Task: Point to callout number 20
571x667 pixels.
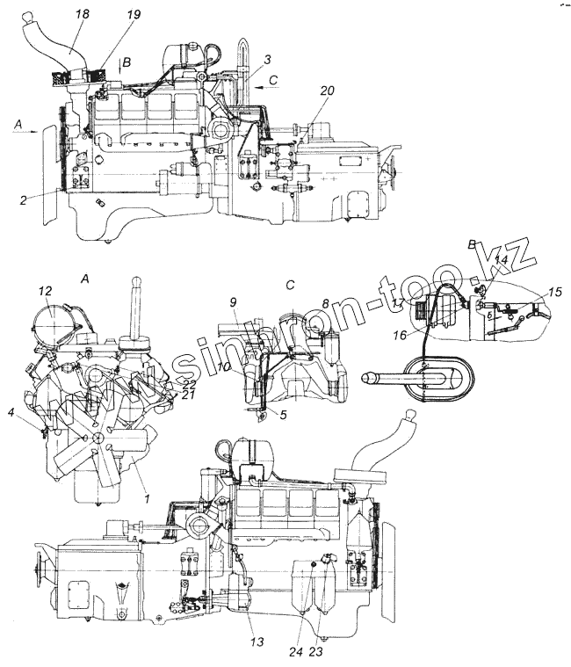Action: [x=327, y=91]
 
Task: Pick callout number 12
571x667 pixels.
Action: [x=47, y=291]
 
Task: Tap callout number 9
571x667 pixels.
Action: [x=234, y=303]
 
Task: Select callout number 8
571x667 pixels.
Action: [x=324, y=303]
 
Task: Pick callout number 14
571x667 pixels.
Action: [x=501, y=260]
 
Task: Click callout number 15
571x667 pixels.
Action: [x=553, y=293]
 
